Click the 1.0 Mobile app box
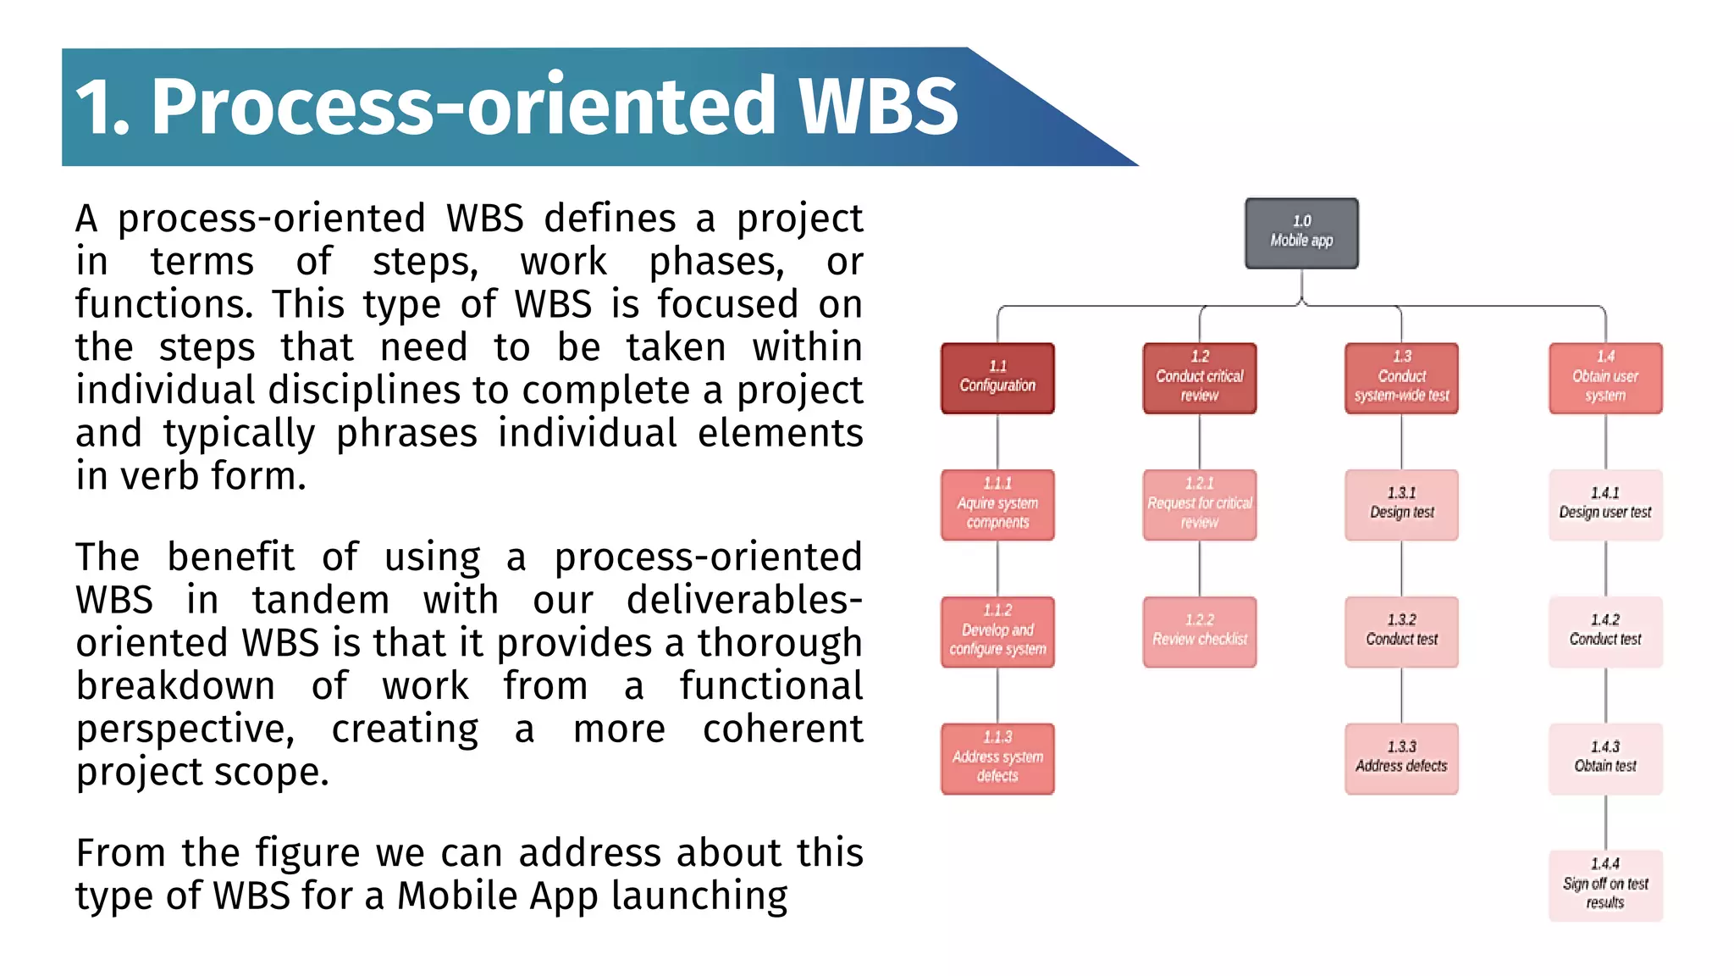pyautogui.click(x=1301, y=233)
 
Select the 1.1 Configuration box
pyautogui.click(x=997, y=378)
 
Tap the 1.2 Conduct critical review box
pyautogui.click(x=1199, y=378)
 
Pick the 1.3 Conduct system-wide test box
pyautogui.click(x=1401, y=378)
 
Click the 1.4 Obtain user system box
pyautogui.click(x=1605, y=378)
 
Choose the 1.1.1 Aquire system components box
pyautogui.click(x=997, y=505)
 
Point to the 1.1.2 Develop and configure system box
pyautogui.click(x=997, y=632)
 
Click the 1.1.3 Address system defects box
pyautogui.click(x=997, y=758)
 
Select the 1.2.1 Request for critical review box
pyautogui.click(x=1199, y=505)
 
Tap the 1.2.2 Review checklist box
pyautogui.click(x=1199, y=632)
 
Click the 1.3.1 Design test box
pyautogui.click(x=1401, y=505)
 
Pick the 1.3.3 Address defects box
pyautogui.click(x=1401, y=758)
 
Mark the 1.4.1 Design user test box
pyautogui.click(x=1605, y=505)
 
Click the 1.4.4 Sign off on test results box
pyautogui.click(x=1605, y=885)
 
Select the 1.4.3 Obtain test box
pyautogui.click(x=1605, y=758)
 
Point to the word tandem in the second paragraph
pyautogui.click(x=320, y=600)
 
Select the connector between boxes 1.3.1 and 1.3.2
pyautogui.click(x=1401, y=568)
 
